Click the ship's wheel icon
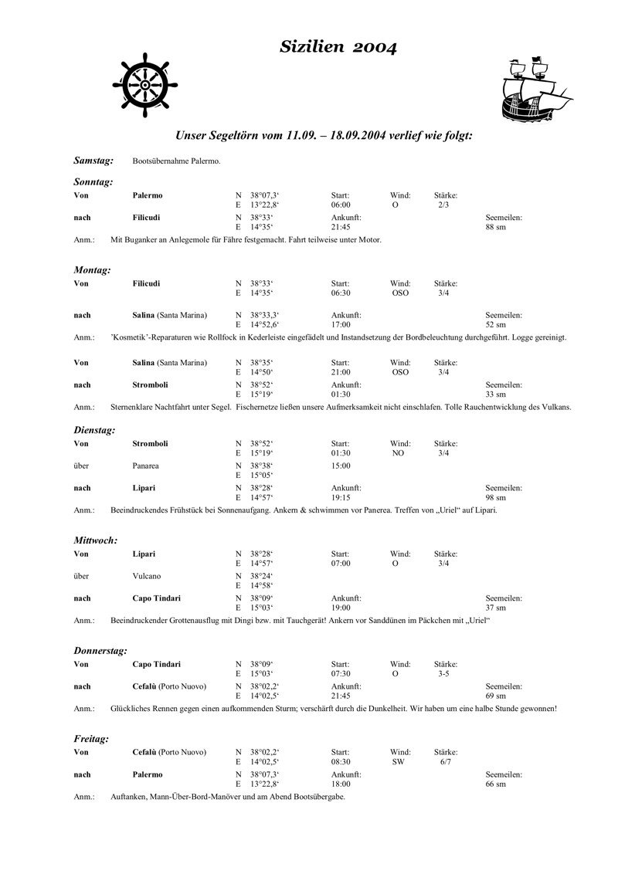(x=144, y=80)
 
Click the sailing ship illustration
(x=532, y=88)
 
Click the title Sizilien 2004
(x=339, y=49)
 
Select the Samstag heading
(x=93, y=161)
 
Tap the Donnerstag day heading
(x=100, y=651)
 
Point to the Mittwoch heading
(x=96, y=540)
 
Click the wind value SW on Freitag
(x=399, y=763)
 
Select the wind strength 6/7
(x=446, y=763)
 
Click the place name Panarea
(x=147, y=466)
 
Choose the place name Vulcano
(x=147, y=576)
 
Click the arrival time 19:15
(x=341, y=498)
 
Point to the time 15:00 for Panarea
(x=341, y=466)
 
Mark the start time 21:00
(x=341, y=373)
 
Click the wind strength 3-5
(x=443, y=674)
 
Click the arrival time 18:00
(x=341, y=784)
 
